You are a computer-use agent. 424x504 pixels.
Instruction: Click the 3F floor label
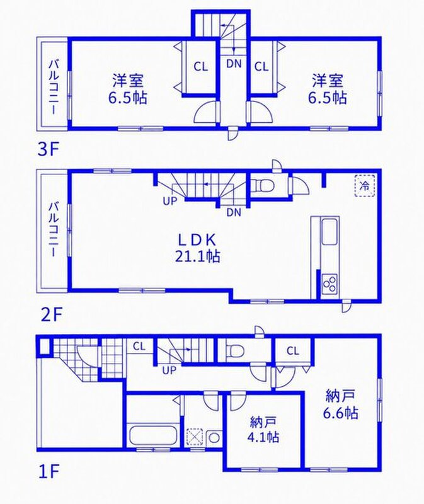pyautogui.click(x=49, y=150)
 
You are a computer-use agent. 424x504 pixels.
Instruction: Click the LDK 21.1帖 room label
pyautogui.click(x=197, y=248)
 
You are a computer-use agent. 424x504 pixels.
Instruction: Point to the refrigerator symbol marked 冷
pyautogui.click(x=365, y=185)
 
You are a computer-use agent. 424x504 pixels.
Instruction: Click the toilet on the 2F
pyautogui.click(x=263, y=186)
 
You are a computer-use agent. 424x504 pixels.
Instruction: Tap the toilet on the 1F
pyautogui.click(x=235, y=350)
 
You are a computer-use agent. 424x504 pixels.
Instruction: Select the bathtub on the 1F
pyautogui.click(x=153, y=435)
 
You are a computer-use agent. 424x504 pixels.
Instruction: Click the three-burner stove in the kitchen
pyautogui.click(x=330, y=283)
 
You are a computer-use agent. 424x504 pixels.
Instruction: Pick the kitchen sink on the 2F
pyautogui.click(x=329, y=231)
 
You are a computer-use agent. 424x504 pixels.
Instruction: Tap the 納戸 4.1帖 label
pyautogui.click(x=264, y=430)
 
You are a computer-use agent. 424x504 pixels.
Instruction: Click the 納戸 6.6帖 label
pyautogui.click(x=340, y=404)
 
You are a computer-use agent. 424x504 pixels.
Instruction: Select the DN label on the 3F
pyautogui.click(x=234, y=64)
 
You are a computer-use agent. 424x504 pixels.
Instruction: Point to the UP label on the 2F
pyautogui.click(x=170, y=201)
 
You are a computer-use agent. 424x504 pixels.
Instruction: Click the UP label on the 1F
pyautogui.click(x=169, y=370)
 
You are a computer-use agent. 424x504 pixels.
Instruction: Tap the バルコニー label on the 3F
pyautogui.click(x=54, y=87)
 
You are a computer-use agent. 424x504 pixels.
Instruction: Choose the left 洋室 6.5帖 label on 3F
pyautogui.click(x=128, y=89)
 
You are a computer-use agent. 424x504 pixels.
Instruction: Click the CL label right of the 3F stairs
pyautogui.click(x=261, y=67)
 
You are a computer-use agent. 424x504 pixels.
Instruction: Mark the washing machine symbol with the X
pyautogui.click(x=195, y=437)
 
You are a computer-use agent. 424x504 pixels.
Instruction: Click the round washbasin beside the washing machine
pyautogui.click(x=214, y=437)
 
